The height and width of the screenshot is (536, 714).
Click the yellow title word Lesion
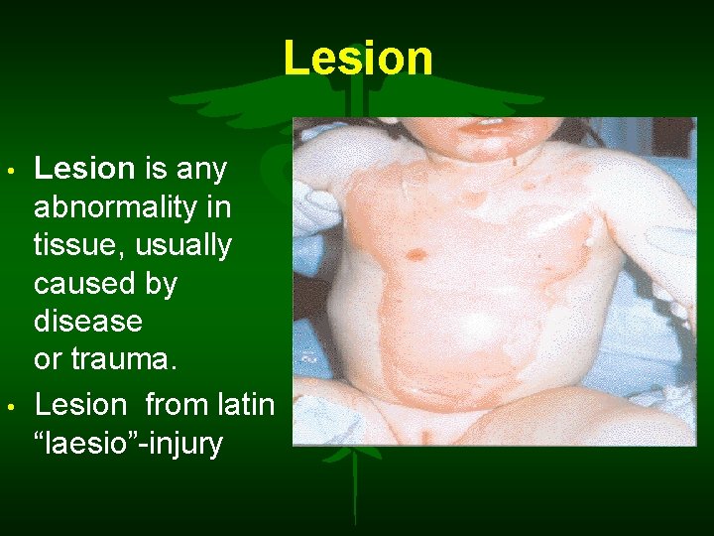coord(358,59)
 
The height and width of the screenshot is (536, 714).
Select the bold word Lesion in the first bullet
coord(83,169)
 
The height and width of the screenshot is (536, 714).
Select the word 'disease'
coord(88,322)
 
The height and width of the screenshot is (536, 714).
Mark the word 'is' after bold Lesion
coord(156,169)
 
